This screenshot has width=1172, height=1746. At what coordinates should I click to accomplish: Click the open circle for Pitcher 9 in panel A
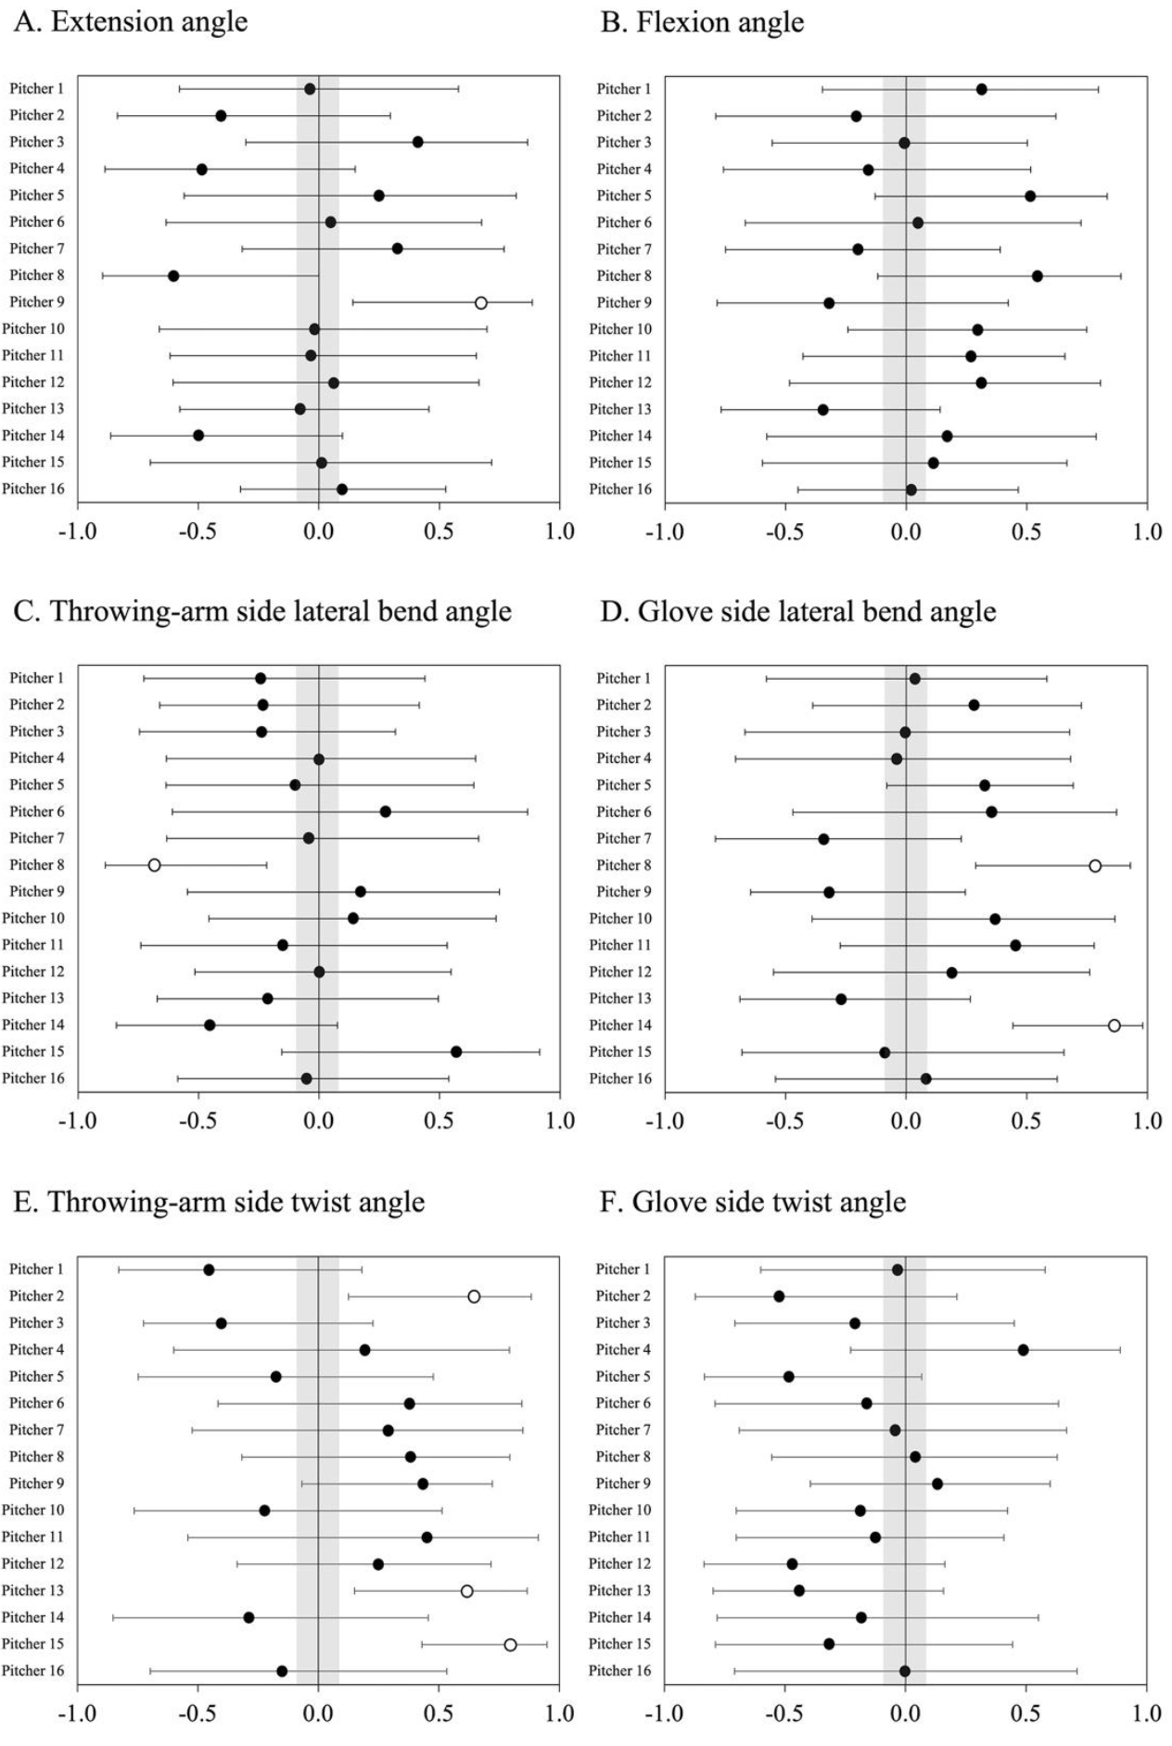point(480,302)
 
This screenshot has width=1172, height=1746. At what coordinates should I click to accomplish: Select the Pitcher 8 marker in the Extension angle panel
point(173,275)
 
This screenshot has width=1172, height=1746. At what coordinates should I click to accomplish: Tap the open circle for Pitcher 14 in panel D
point(1114,1025)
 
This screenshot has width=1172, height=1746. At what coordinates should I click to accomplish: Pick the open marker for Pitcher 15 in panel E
point(510,1644)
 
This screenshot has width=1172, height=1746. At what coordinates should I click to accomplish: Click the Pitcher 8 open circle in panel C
point(154,865)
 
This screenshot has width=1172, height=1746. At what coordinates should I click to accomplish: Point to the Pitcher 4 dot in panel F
point(1023,1349)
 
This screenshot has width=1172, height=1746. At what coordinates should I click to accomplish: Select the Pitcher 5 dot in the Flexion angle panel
point(1030,196)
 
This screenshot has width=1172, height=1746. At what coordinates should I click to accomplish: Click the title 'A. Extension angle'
point(131,22)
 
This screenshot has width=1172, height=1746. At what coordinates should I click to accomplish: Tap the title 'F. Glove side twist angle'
point(752,1202)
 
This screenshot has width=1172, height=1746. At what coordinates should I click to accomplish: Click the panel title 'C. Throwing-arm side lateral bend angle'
point(262,612)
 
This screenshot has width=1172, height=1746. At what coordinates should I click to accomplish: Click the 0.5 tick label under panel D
point(1026,1121)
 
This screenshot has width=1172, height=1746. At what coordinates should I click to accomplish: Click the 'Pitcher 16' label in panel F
point(619,1670)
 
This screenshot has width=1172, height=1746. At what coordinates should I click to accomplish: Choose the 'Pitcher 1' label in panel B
point(623,89)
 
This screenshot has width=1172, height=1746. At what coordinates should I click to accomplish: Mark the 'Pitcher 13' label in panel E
point(32,1590)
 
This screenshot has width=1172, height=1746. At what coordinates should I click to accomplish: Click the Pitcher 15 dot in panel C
point(456,1051)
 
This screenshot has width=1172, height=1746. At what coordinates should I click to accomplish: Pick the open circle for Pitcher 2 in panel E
point(474,1296)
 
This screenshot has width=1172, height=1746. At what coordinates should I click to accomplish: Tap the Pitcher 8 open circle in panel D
point(1095,865)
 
